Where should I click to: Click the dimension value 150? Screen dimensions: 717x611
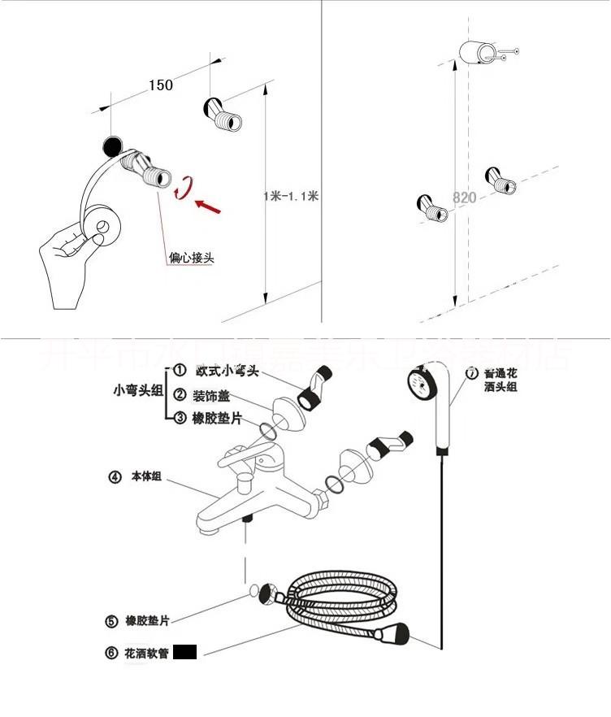coord(161,85)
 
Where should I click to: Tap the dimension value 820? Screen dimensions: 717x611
coord(464,198)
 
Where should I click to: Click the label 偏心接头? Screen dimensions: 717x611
coord(192,259)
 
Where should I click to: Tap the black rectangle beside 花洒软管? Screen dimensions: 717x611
coord(185,652)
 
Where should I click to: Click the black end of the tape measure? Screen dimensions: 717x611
coord(112,146)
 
